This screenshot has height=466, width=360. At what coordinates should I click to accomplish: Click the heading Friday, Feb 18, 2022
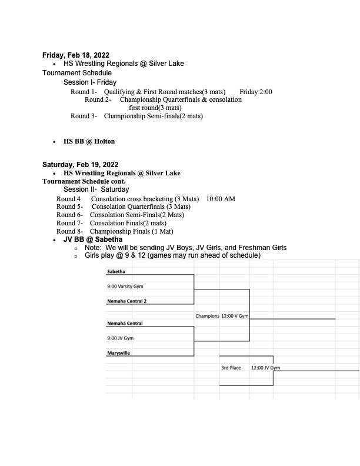pyautogui.click(x=75, y=55)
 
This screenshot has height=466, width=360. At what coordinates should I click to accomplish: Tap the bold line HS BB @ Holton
pyautogui.click(x=89, y=141)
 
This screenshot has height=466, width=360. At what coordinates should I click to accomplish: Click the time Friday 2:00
pyautogui.click(x=256, y=92)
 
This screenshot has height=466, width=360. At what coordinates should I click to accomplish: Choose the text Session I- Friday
pyautogui.click(x=90, y=82)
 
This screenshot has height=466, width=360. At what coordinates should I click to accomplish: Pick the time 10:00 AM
pyautogui.click(x=221, y=199)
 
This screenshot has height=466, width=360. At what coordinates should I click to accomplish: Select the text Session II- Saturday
pyautogui.click(x=96, y=190)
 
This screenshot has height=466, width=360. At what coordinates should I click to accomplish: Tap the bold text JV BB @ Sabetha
pyautogui.click(x=93, y=239)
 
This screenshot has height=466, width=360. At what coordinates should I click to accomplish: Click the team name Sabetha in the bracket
pyautogui.click(x=116, y=272)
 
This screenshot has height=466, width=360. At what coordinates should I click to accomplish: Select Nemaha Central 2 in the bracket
pyautogui.click(x=126, y=301)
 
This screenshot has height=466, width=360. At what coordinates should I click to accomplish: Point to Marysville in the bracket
pyautogui.click(x=119, y=353)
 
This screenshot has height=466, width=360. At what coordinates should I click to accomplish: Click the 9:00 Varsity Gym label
pyautogui.click(x=125, y=287)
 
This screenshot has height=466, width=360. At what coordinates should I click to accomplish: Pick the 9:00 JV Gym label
pyautogui.click(x=121, y=338)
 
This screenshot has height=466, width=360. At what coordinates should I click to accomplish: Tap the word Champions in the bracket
pyautogui.click(x=207, y=316)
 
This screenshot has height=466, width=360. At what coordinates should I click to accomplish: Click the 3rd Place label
pyautogui.click(x=231, y=368)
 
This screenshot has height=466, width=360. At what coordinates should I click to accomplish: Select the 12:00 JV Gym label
pyautogui.click(x=265, y=368)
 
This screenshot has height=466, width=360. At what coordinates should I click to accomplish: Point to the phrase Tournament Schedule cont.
pyautogui.click(x=84, y=182)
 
